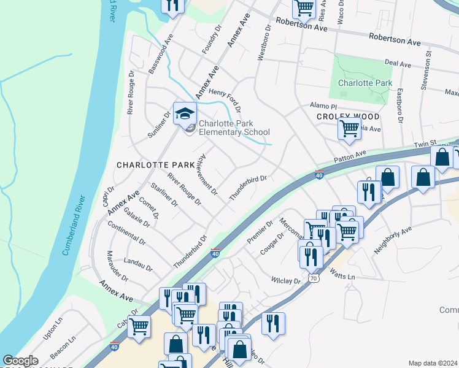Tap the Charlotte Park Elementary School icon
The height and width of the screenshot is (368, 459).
pos(185,113)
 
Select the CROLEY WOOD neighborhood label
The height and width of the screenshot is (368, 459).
pos(348,117)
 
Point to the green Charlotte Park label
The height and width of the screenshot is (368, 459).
pos(365,83)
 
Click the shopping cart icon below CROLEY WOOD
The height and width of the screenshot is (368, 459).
pos(349,129)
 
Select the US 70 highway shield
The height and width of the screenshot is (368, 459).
pos(314,278)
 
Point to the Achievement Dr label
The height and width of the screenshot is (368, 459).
pos(208,174)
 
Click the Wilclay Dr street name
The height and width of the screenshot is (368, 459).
pos(286,280)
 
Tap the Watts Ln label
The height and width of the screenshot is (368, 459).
pos(342,275)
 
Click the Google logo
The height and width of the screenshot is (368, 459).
pos(21,361)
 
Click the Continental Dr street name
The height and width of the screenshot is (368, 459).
pos(126,233)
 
